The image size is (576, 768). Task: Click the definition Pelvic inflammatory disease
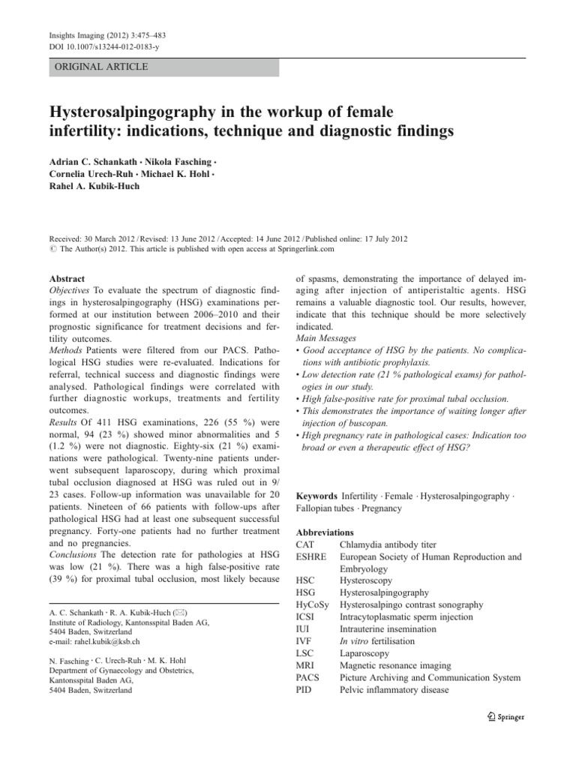coord(400,689)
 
